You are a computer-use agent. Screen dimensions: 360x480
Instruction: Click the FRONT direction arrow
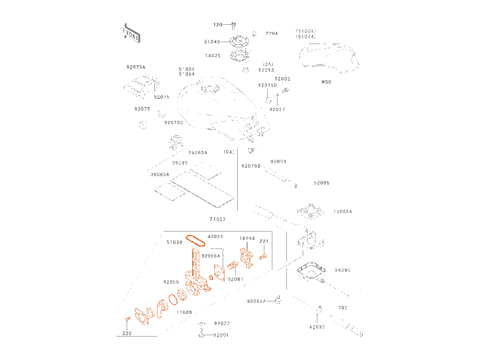coord(130,33)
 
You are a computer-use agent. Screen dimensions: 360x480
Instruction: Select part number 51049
coord(212,42)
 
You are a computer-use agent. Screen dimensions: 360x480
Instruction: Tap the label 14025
coord(212,55)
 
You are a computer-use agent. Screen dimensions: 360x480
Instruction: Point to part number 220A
coord(271,33)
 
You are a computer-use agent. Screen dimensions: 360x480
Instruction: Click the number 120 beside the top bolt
coord(218,24)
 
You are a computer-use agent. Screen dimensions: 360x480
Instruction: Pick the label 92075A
coord(136,67)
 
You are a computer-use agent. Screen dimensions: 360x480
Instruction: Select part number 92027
coord(277,109)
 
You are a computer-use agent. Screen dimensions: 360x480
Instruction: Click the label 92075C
coord(173,123)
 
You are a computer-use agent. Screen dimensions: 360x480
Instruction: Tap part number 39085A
coord(159,174)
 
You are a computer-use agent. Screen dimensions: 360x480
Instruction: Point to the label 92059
coord(278,161)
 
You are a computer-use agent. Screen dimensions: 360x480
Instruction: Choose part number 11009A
coord(343,211)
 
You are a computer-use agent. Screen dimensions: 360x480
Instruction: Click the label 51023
coord(217,219)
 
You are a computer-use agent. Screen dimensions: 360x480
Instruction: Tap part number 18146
coord(247,238)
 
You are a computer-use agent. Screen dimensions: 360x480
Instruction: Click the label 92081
coord(235,279)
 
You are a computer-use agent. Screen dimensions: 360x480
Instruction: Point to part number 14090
coord(343,270)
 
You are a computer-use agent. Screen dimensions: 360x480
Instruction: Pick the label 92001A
coord(256,301)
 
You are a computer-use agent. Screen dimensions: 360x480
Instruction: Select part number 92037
coord(317,327)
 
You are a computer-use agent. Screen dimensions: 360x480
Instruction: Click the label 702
coord(343,308)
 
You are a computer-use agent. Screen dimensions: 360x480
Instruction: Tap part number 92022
coord(222,323)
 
